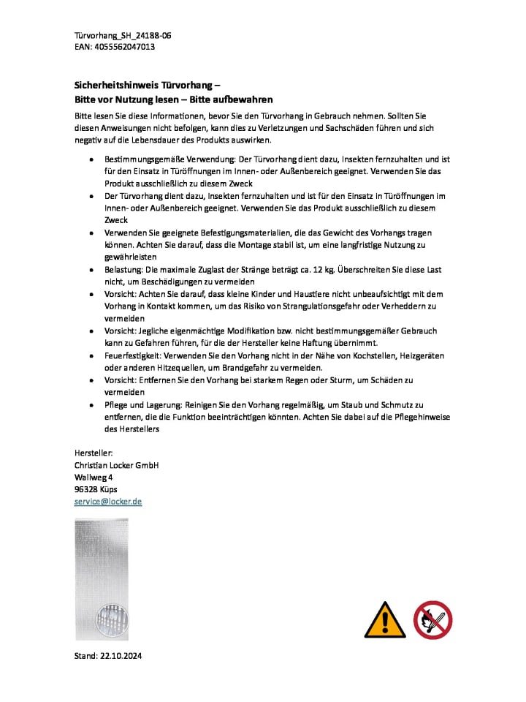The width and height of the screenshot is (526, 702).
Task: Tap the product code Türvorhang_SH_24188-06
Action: (123, 35)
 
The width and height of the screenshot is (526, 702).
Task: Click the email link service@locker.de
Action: (108, 501)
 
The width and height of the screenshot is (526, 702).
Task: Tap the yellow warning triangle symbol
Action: (385, 620)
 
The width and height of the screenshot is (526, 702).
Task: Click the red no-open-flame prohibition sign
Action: (432, 620)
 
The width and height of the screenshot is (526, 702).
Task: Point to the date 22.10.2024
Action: (121, 656)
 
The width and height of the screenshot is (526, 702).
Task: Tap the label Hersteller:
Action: (94, 453)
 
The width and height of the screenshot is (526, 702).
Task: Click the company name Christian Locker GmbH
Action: (116, 465)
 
